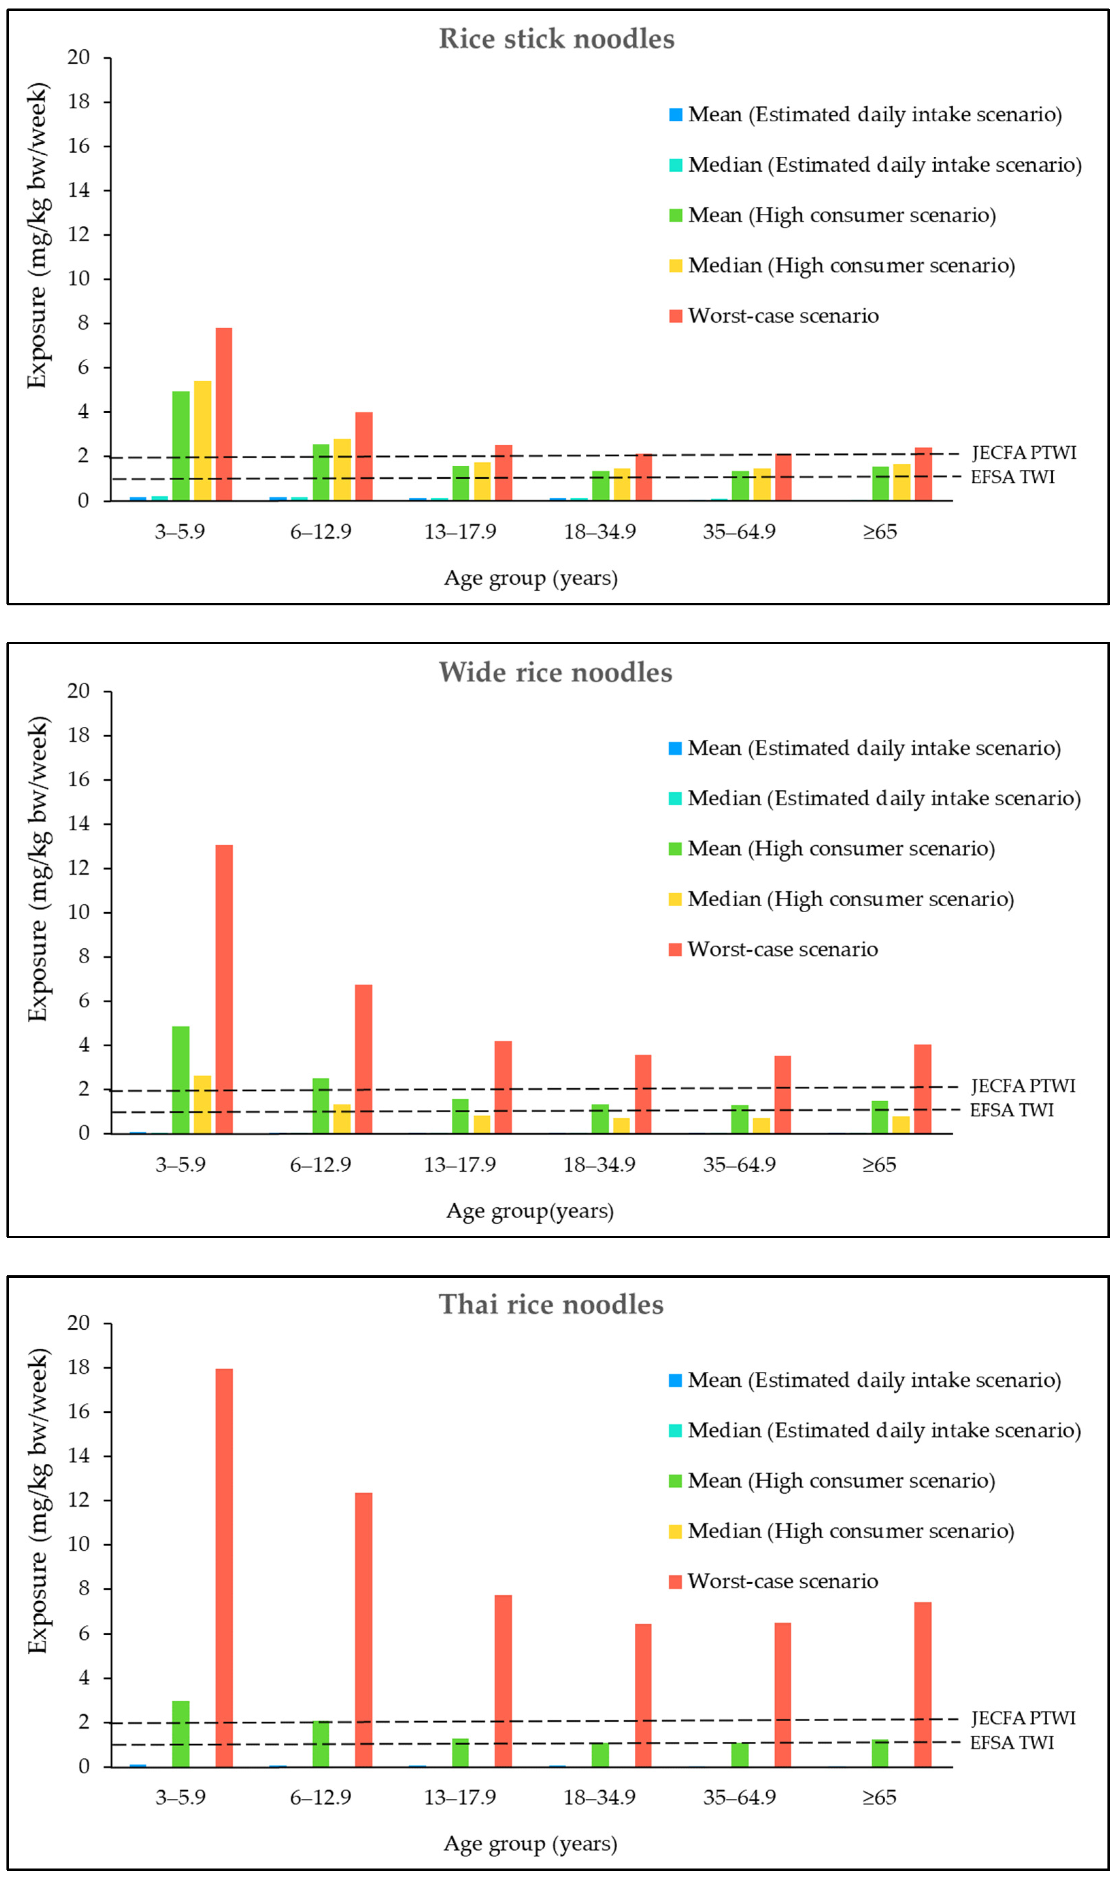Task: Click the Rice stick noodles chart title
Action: coord(557,39)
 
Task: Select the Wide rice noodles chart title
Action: coord(555,672)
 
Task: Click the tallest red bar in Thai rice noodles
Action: coord(224,1566)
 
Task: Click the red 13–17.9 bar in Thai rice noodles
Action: coord(503,1681)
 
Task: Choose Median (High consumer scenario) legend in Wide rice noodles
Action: coord(850,899)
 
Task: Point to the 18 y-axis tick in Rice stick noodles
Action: coord(78,102)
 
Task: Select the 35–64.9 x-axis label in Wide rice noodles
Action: coord(739,1165)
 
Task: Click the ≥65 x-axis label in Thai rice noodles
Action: coord(879,1797)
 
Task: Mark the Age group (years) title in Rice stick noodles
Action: coord(530,578)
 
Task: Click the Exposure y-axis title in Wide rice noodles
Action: coord(38,868)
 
